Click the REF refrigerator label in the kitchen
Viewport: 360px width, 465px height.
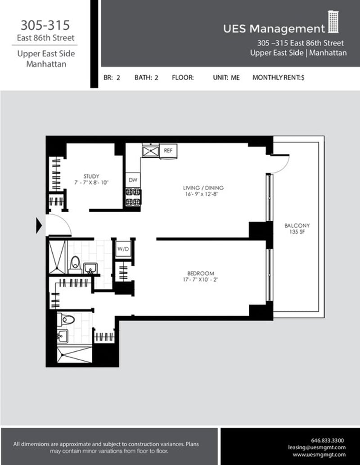pyautogui.click(x=168, y=150)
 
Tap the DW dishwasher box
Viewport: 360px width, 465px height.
pyautogui.click(x=133, y=180)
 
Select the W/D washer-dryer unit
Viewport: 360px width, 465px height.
pyautogui.click(x=123, y=248)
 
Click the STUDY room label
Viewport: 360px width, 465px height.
pyautogui.click(x=91, y=176)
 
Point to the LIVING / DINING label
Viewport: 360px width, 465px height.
pyautogui.click(x=203, y=188)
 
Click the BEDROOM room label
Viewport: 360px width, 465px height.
pyautogui.click(x=201, y=273)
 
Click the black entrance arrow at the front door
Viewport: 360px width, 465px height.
pyautogui.click(x=39, y=225)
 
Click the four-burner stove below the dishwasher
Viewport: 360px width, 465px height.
pyautogui.click(x=133, y=197)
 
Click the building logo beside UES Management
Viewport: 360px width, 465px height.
pyautogui.click(x=333, y=22)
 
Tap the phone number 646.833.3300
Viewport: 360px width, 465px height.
pyautogui.click(x=328, y=440)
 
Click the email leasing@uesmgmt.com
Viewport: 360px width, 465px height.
pyautogui.click(x=317, y=447)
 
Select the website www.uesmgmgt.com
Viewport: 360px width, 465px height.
pyautogui.click(x=319, y=455)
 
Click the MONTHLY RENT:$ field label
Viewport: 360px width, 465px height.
pyautogui.click(x=279, y=77)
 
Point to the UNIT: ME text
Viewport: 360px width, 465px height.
pyautogui.click(x=226, y=77)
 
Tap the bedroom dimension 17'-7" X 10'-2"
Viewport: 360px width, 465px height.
pyautogui.click(x=201, y=280)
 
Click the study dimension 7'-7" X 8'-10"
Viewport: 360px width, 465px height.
pyautogui.click(x=91, y=183)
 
